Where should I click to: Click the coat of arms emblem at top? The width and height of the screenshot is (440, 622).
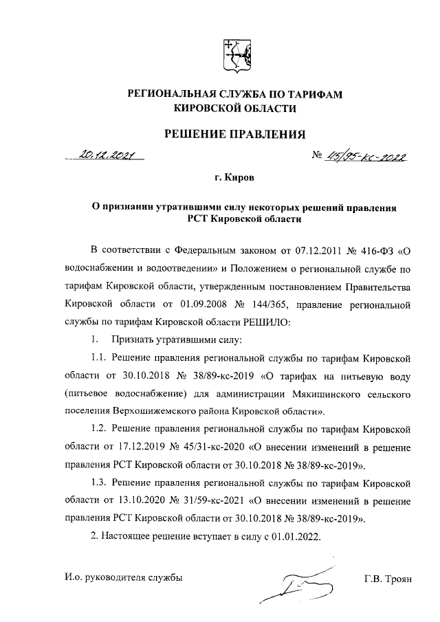[233, 55]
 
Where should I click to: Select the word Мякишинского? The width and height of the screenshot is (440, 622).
[313, 395]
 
